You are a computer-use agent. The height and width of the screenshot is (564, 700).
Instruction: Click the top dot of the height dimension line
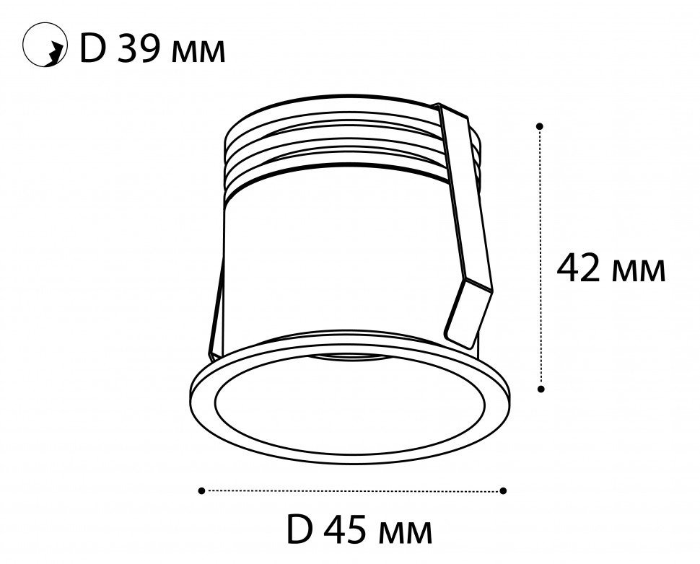coord(541,126)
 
